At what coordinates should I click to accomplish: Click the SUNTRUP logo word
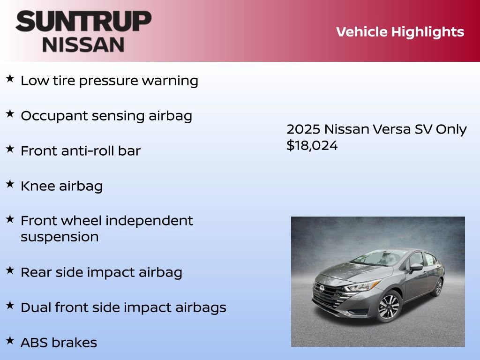[83, 22]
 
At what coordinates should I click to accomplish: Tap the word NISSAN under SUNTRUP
[83, 45]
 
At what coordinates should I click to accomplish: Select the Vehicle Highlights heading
[400, 32]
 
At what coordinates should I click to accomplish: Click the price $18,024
[312, 145]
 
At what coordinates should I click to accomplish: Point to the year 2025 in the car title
[303, 129]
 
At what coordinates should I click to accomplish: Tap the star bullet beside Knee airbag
[10, 184]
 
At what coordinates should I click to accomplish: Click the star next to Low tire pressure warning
[10, 78]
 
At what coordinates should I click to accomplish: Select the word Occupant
[52, 116]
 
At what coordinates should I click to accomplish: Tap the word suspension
[60, 237]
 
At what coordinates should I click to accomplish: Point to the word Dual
[36, 307]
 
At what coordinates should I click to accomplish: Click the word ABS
[34, 343]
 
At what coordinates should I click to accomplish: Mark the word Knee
[38, 186]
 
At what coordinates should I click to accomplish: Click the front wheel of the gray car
[389, 306]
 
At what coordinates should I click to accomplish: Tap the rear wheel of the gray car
[438, 287]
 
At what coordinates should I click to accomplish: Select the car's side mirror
[415, 267]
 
